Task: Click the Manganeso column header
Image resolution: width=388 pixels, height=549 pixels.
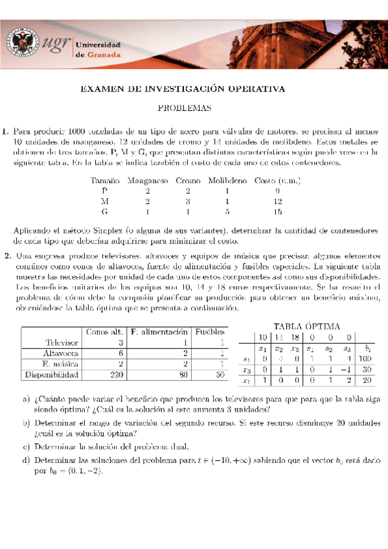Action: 148,181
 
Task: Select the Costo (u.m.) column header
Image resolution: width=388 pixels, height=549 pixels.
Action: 277,181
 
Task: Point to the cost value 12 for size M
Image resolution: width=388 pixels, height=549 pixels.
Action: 277,201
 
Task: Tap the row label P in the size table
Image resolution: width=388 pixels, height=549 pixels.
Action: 105,192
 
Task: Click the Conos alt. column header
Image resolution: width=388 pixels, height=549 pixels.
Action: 105,332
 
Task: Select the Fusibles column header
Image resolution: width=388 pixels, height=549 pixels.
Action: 211,332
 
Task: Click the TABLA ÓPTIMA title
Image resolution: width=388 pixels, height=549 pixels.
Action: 306,326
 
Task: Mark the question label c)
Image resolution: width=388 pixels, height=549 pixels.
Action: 26,446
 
